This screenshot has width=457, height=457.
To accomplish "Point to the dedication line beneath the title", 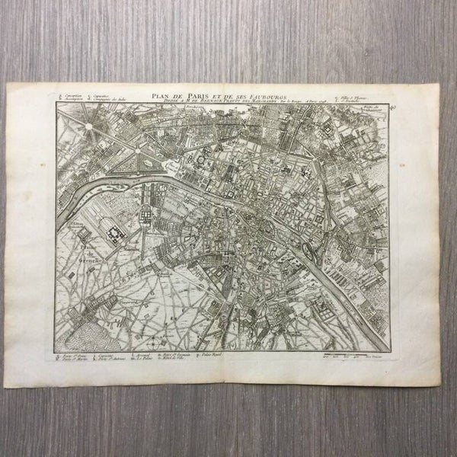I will (x=228, y=100).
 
